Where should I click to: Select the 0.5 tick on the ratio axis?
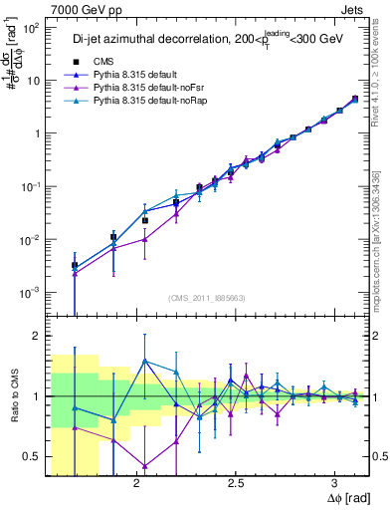click(30, 456)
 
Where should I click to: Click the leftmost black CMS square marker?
click(75, 266)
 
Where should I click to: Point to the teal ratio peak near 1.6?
click(145, 361)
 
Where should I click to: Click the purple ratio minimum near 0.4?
click(145, 465)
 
